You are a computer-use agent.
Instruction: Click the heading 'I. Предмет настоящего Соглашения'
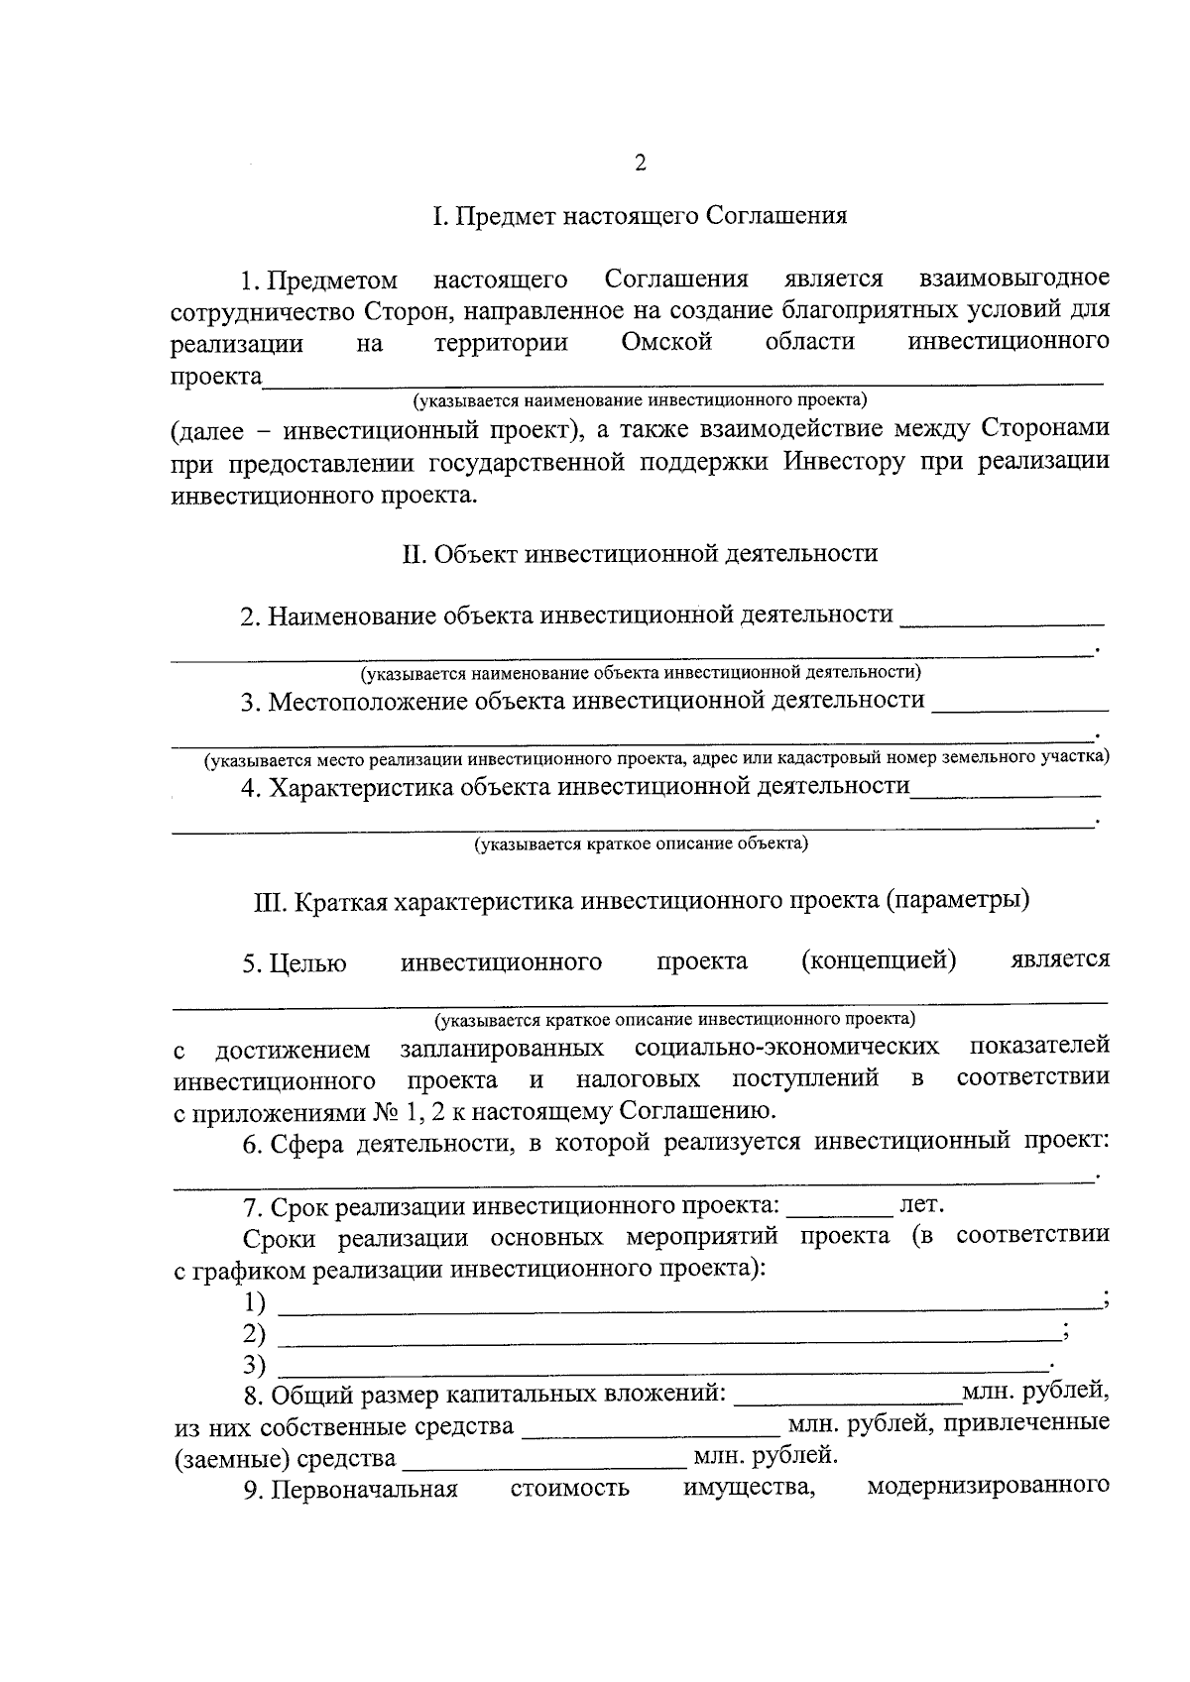coord(640,216)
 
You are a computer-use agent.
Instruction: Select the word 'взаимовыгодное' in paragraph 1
coord(1013,278)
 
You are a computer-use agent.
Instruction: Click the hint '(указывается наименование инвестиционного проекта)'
coord(640,400)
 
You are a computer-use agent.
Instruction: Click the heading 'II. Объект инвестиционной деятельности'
coord(640,554)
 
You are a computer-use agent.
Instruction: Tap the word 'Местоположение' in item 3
coord(368,702)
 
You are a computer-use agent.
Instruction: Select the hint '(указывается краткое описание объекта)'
coord(640,844)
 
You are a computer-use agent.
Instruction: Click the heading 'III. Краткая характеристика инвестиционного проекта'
coord(640,902)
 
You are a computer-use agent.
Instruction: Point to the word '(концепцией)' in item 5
coord(878,960)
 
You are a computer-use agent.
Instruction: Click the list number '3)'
coord(254,1366)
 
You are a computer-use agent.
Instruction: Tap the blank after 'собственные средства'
coord(650,1429)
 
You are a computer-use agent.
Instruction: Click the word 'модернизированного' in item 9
coord(987,1487)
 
